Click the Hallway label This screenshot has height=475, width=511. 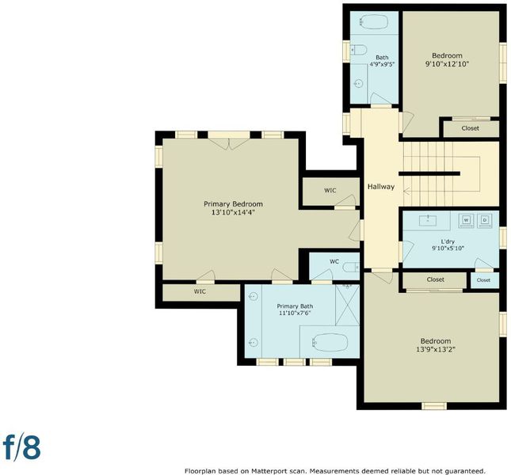pyautogui.click(x=381, y=187)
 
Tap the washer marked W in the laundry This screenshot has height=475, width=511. pyautogui.click(x=467, y=220)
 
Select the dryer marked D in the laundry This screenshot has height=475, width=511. pyautogui.click(x=485, y=220)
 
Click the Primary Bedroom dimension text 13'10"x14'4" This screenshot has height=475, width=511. pyautogui.click(x=233, y=213)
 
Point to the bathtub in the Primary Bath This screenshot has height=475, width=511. pyautogui.click(x=330, y=342)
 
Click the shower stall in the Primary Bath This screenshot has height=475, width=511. pyautogui.click(x=348, y=305)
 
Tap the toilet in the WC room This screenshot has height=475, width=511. pyautogui.click(x=351, y=268)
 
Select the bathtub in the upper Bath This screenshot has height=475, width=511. pyautogui.click(x=373, y=22)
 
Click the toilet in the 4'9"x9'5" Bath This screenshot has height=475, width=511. pyautogui.click(x=358, y=50)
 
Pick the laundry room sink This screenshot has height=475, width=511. pyautogui.click(x=428, y=220)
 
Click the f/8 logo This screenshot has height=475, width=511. pyautogui.click(x=22, y=447)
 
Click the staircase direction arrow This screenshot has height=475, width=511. pyautogui.click(x=407, y=191)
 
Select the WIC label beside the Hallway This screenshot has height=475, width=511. pyautogui.click(x=330, y=191)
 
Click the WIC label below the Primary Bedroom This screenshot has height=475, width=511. pyautogui.click(x=200, y=291)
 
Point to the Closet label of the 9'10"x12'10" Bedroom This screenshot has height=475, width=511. pyautogui.click(x=471, y=128)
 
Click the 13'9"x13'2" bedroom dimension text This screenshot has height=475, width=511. pyautogui.click(x=436, y=350)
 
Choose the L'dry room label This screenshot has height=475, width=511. pyautogui.click(x=448, y=241)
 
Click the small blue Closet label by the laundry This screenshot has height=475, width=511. pyautogui.click(x=483, y=280)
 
